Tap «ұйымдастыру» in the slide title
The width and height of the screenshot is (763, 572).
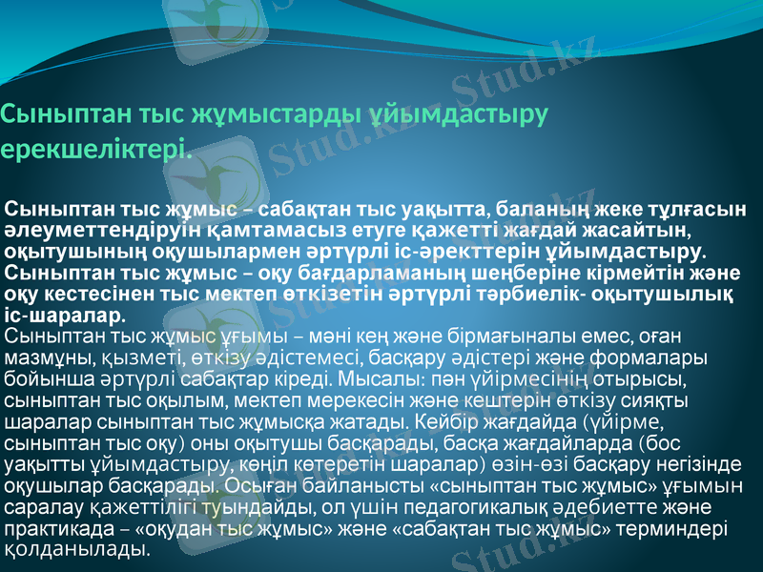[457, 115]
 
